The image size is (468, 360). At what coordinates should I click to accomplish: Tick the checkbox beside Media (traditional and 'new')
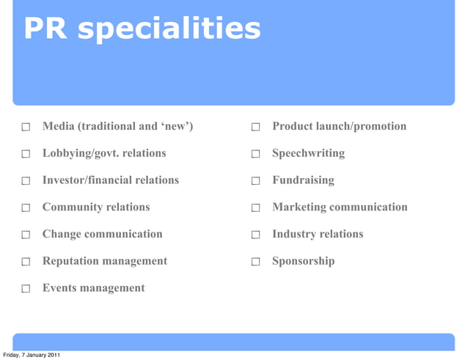[x=25, y=128]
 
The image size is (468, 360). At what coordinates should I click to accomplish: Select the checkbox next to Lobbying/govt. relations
[x=25, y=155]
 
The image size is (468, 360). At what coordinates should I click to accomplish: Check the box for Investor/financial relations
[x=25, y=181]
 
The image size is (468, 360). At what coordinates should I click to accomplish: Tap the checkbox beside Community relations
[x=25, y=208]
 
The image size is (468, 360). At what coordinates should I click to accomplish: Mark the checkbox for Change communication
[x=25, y=235]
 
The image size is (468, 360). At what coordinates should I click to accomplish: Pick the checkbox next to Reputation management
[x=25, y=262]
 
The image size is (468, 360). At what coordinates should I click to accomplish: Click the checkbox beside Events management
[x=25, y=289]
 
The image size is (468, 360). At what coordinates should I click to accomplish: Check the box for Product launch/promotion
[x=255, y=128]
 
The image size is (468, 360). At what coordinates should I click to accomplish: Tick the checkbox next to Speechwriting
[x=255, y=155]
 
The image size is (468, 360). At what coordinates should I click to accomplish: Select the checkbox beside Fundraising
[x=255, y=181]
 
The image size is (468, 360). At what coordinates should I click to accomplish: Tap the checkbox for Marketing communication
[x=255, y=208]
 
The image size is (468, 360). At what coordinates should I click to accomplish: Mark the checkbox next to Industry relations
[x=255, y=235]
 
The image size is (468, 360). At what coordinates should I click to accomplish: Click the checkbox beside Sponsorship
[x=255, y=262]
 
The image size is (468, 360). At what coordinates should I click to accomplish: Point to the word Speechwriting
[x=308, y=154]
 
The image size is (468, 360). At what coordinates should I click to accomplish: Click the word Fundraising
[x=303, y=180]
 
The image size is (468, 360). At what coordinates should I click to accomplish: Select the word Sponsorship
[x=303, y=261]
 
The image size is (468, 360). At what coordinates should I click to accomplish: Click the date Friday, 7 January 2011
[x=31, y=355]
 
